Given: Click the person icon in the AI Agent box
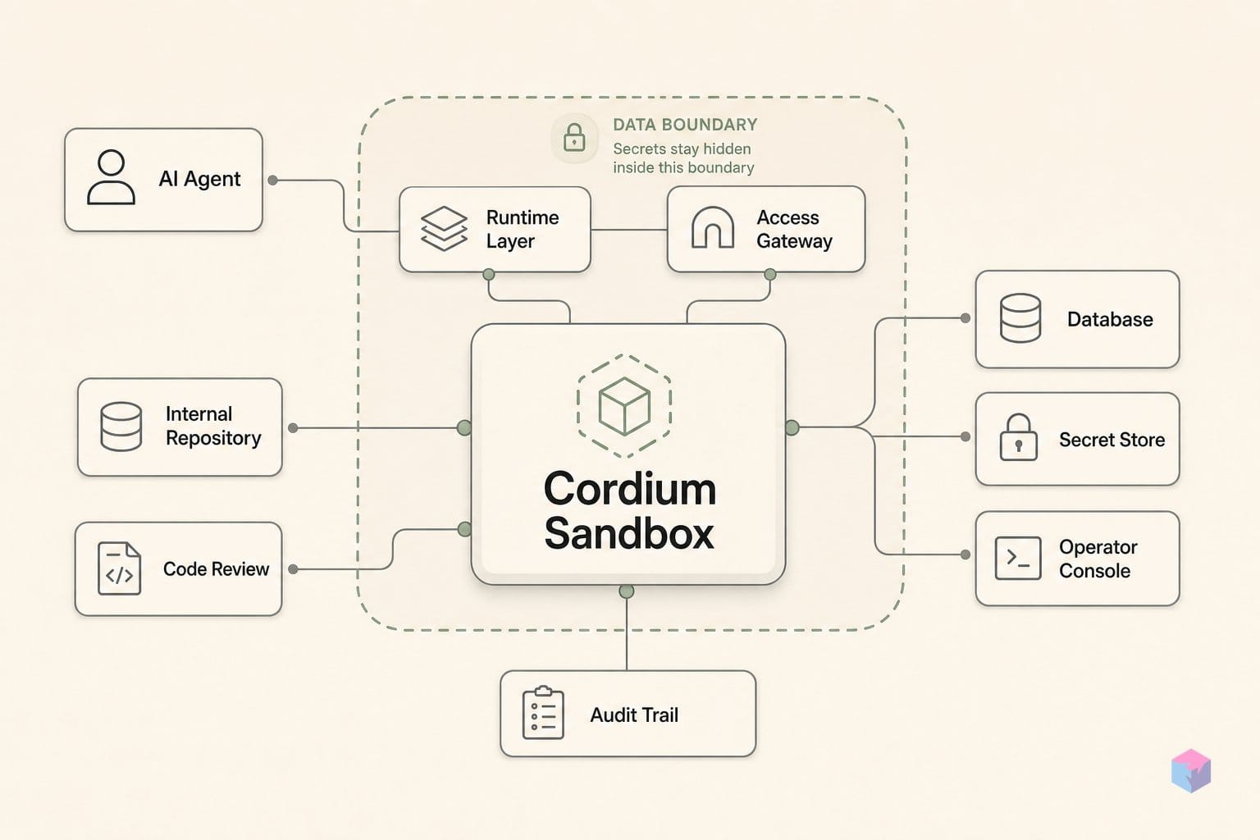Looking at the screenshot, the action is (111, 176).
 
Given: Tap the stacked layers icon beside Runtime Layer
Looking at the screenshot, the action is (444, 228).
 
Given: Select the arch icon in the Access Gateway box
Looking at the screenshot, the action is (713, 227).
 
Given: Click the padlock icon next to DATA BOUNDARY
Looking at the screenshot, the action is (574, 138).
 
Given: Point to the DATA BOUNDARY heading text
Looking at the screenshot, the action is (685, 125).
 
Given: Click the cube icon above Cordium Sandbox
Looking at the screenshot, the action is (624, 406).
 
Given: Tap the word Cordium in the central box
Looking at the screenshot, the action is (630, 488).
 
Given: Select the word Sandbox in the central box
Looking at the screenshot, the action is (629, 533).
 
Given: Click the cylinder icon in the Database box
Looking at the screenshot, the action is (1020, 318).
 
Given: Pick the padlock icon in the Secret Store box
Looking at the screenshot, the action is (1018, 438).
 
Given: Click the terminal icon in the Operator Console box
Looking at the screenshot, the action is (1017, 558).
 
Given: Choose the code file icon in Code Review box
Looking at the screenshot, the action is (119, 568).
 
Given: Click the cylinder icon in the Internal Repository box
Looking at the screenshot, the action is (121, 427).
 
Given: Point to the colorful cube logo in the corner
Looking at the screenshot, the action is (1191, 770).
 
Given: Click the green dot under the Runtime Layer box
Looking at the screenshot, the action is (489, 275).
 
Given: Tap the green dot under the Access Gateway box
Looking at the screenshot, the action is (770, 275).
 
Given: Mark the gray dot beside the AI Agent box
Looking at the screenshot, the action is (273, 180).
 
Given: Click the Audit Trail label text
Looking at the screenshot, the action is (634, 715).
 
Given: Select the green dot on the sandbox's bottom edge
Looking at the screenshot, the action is (627, 591).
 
